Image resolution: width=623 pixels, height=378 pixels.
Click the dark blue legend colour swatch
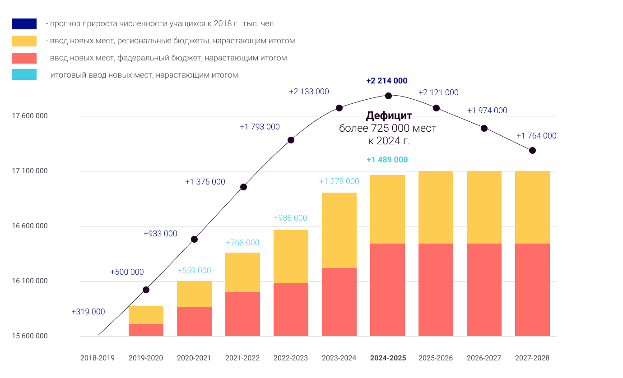pyautogui.click(x=24, y=24)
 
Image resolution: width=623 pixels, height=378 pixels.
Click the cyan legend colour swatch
pyautogui.click(x=24, y=75)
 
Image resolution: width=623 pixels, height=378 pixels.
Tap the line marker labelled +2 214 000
pyautogui.click(x=388, y=96)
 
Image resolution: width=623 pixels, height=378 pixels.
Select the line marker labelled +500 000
pyautogui.click(x=146, y=290)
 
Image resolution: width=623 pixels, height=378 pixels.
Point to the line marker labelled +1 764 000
pyautogui.click(x=532, y=150)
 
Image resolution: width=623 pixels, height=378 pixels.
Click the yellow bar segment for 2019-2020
pyautogui.click(x=146, y=315)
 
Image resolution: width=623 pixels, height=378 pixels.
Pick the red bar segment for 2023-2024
pyautogui.click(x=339, y=302)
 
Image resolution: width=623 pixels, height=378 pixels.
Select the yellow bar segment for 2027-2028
pyautogui.click(x=532, y=207)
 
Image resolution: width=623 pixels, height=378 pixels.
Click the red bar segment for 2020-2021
pyautogui.click(x=194, y=321)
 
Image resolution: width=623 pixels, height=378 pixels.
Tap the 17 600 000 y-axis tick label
pyautogui.click(x=30, y=116)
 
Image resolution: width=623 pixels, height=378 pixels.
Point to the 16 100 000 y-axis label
pyautogui.click(x=30, y=281)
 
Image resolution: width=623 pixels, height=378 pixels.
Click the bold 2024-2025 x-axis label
pyautogui.click(x=388, y=358)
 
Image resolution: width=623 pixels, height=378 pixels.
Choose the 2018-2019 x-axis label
pyautogui.click(x=98, y=358)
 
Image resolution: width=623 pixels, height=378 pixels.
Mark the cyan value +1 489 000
pyautogui.click(x=387, y=160)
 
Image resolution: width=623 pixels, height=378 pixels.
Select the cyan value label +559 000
pyautogui.click(x=194, y=271)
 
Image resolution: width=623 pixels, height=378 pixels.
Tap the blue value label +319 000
pyautogui.click(x=88, y=312)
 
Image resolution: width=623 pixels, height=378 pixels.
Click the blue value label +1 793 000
pyautogui.click(x=260, y=127)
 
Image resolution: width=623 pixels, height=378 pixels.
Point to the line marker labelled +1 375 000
pyautogui.click(x=243, y=187)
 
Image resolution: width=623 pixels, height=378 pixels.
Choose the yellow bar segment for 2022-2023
pyautogui.click(x=291, y=257)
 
